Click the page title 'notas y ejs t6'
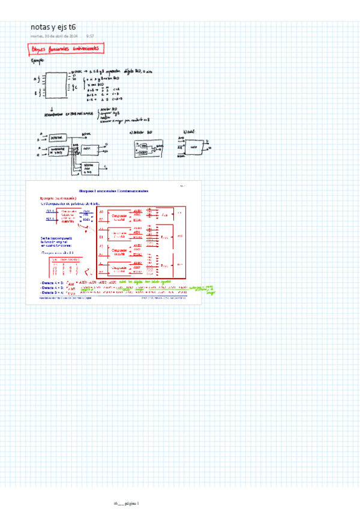click(x=53, y=27)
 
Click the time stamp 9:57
click(x=90, y=36)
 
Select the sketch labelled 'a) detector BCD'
click(x=149, y=148)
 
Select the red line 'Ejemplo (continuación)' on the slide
click(x=56, y=197)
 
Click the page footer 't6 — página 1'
click(x=126, y=503)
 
